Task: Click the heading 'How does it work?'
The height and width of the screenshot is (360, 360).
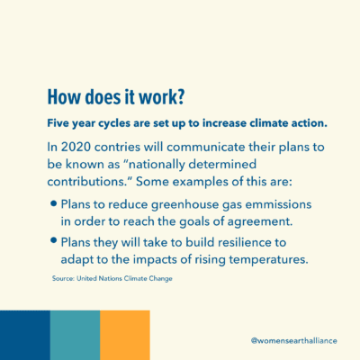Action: (115, 97)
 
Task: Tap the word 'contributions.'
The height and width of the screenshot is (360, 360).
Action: (89, 182)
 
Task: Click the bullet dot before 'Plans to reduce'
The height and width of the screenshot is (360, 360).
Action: (54, 204)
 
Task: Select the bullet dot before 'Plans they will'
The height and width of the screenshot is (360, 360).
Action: (54, 240)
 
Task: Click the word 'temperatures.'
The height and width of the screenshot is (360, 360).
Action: (269, 260)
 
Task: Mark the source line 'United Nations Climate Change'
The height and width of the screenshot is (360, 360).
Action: (124, 278)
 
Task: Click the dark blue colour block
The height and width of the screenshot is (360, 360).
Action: (25, 335)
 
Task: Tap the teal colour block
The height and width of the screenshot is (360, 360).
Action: (75, 335)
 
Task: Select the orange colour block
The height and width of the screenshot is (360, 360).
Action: (125, 335)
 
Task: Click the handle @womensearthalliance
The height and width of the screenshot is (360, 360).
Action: (294, 341)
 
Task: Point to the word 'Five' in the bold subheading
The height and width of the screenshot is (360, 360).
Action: (58, 123)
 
